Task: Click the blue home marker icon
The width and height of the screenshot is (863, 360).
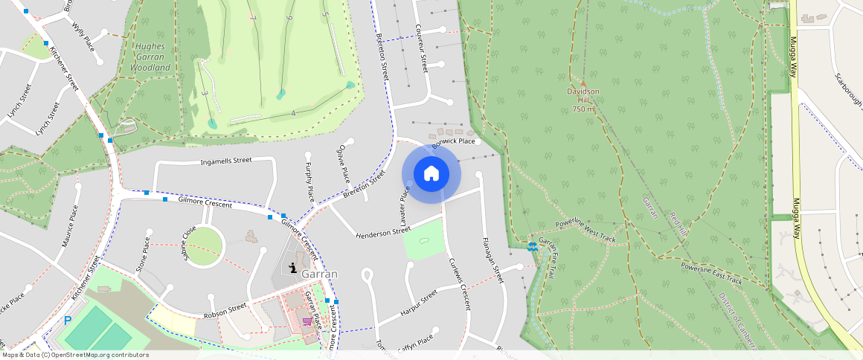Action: click(x=431, y=174)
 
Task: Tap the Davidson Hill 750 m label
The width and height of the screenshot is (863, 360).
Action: click(x=583, y=100)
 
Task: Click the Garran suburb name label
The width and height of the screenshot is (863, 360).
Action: click(x=319, y=274)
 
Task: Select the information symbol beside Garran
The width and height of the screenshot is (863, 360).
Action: click(x=293, y=269)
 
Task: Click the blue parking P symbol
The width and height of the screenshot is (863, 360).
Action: click(x=68, y=321)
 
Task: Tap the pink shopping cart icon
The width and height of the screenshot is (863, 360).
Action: click(x=307, y=321)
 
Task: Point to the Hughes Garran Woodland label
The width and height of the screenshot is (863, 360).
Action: click(x=150, y=57)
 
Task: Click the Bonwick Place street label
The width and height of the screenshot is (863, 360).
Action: click(x=453, y=141)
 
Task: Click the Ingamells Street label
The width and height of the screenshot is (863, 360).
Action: click(x=226, y=161)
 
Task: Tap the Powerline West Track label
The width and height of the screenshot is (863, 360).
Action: click(x=586, y=232)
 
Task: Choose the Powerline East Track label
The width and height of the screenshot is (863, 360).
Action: click(x=712, y=273)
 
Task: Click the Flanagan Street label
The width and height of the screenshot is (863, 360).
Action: click(x=493, y=260)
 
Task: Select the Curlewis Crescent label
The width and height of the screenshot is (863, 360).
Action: click(x=459, y=284)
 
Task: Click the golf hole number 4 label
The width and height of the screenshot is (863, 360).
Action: click(x=294, y=113)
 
